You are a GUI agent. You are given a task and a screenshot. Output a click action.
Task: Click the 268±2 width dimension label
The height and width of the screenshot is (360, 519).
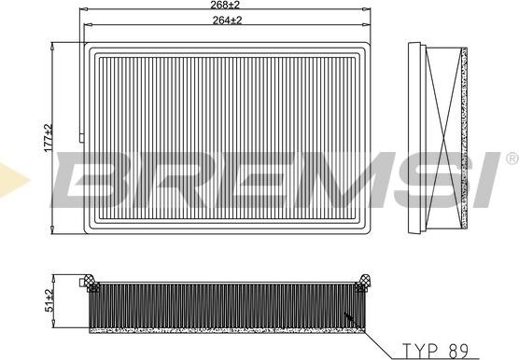pos(222,6)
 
